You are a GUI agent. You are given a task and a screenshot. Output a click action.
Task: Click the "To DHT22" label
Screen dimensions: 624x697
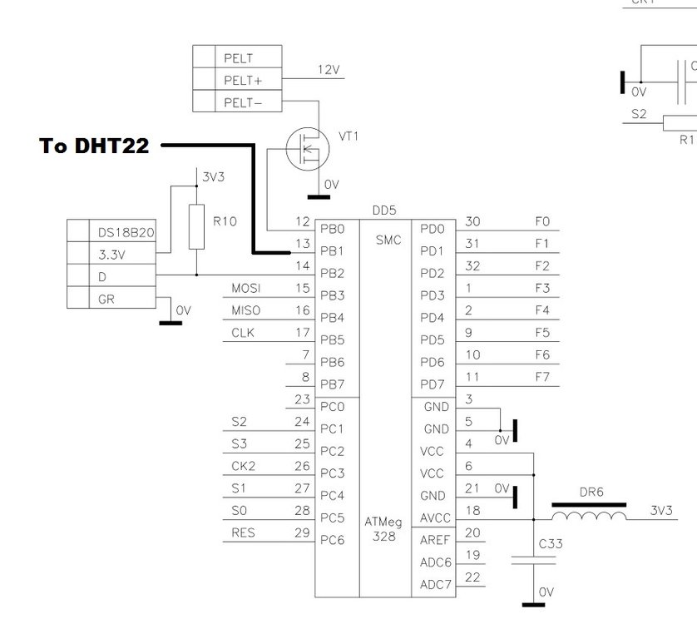(94, 146)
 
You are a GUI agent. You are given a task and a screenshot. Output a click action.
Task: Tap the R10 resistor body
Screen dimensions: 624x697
(196, 226)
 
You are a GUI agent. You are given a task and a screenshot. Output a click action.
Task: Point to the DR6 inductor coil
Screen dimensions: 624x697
(590, 517)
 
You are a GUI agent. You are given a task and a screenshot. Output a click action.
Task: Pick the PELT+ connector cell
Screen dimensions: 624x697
(243, 81)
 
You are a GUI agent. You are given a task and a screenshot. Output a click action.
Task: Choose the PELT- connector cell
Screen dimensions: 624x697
(243, 102)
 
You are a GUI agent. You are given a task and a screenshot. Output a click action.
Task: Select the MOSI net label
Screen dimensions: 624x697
(245, 289)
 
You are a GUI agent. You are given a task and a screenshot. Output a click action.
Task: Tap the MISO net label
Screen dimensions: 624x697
(245, 311)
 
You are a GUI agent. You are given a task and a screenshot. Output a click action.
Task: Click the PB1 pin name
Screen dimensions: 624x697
(333, 250)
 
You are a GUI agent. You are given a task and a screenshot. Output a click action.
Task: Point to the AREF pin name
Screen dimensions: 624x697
(435, 541)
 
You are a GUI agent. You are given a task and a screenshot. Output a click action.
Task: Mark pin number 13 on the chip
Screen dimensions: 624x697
(303, 244)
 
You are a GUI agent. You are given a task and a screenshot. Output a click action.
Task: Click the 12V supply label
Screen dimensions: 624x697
(329, 70)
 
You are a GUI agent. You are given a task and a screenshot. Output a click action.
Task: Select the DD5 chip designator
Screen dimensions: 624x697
(383, 211)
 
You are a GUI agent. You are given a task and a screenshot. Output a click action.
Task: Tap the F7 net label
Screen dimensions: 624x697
(542, 377)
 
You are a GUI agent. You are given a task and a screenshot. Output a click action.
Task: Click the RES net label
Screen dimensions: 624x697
(243, 533)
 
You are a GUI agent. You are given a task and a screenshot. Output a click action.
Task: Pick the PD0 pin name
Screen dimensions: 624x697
(433, 229)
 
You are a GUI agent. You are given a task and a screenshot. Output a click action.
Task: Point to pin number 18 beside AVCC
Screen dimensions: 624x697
(472, 511)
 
